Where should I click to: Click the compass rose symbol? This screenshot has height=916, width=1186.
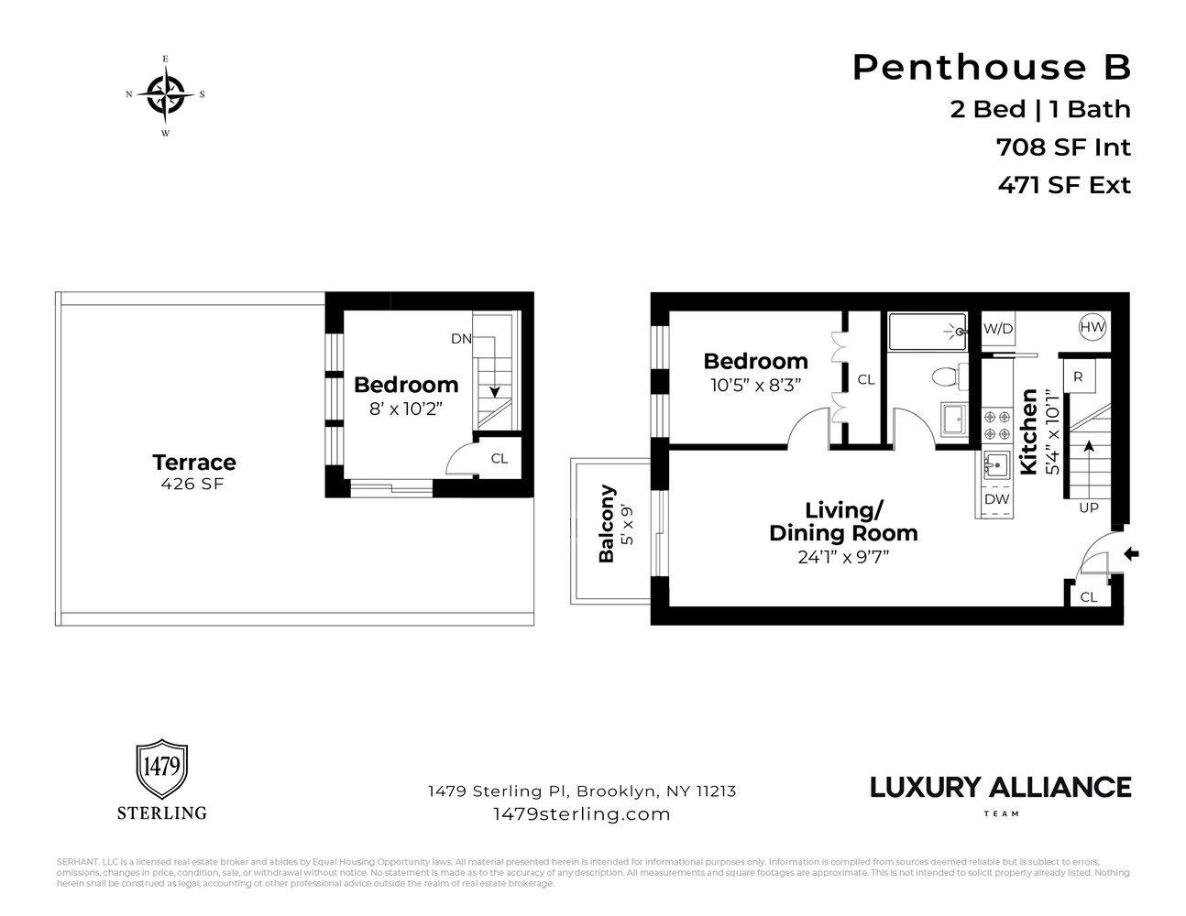click(x=165, y=95)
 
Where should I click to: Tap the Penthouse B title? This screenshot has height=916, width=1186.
click(x=992, y=67)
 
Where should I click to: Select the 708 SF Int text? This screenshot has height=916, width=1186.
click(x=1063, y=147)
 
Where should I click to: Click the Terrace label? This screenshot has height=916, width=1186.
click(x=193, y=462)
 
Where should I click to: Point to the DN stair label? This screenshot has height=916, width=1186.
click(x=460, y=339)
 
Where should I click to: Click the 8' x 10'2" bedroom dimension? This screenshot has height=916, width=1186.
click(x=405, y=409)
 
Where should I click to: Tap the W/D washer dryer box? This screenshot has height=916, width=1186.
click(x=998, y=328)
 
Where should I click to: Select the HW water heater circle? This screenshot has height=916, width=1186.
click(x=1093, y=327)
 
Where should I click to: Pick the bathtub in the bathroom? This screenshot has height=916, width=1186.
click(x=928, y=332)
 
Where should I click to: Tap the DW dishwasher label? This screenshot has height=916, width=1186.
click(x=996, y=499)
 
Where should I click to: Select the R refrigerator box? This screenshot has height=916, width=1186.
click(x=1078, y=376)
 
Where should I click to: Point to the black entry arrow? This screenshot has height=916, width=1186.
click(x=1131, y=553)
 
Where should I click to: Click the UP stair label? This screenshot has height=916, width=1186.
click(x=1088, y=507)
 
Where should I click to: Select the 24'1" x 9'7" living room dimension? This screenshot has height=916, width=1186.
click(x=843, y=556)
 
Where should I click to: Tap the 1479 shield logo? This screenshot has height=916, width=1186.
click(x=162, y=769)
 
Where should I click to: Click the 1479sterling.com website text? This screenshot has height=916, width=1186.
click(x=581, y=813)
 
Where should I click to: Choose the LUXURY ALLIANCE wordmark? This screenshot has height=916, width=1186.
click(x=1000, y=787)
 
